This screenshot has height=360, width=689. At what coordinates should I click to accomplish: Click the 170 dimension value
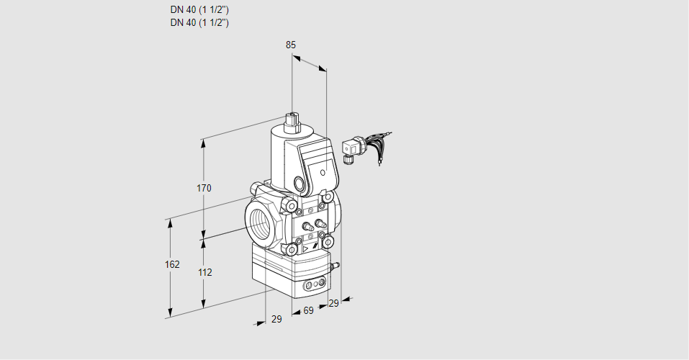(204, 189)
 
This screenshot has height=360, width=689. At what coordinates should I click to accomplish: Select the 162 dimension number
(171, 264)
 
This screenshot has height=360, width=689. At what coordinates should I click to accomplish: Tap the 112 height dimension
(204, 272)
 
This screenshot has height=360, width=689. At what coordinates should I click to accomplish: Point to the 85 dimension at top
(291, 45)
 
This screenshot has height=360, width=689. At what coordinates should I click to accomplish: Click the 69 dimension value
(308, 310)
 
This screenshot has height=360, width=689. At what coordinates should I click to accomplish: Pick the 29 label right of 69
(333, 304)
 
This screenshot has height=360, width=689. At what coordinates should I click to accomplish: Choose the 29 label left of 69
(276, 319)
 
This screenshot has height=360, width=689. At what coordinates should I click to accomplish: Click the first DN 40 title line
(199, 9)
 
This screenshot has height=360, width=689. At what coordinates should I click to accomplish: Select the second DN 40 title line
(199, 22)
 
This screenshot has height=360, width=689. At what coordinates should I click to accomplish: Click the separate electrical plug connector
(352, 149)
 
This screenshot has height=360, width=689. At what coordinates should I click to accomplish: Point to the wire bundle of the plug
(378, 143)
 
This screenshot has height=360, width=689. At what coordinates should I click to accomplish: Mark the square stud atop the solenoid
(292, 118)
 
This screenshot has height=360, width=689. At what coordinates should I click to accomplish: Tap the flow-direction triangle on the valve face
(305, 248)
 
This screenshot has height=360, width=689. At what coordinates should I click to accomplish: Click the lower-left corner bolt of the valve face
(293, 250)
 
